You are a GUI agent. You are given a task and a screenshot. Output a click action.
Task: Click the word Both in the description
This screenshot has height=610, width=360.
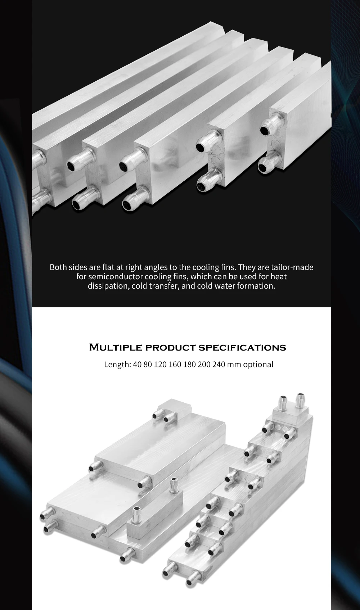pos(58,267)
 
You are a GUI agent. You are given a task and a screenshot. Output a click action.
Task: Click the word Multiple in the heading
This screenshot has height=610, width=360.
pos(115,348)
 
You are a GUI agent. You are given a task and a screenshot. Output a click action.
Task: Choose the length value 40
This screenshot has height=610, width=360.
pos(137,364)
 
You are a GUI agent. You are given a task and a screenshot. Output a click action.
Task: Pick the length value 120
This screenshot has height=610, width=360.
pos(160,364)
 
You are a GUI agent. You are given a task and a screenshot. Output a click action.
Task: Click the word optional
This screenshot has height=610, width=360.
pos(258,364)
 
